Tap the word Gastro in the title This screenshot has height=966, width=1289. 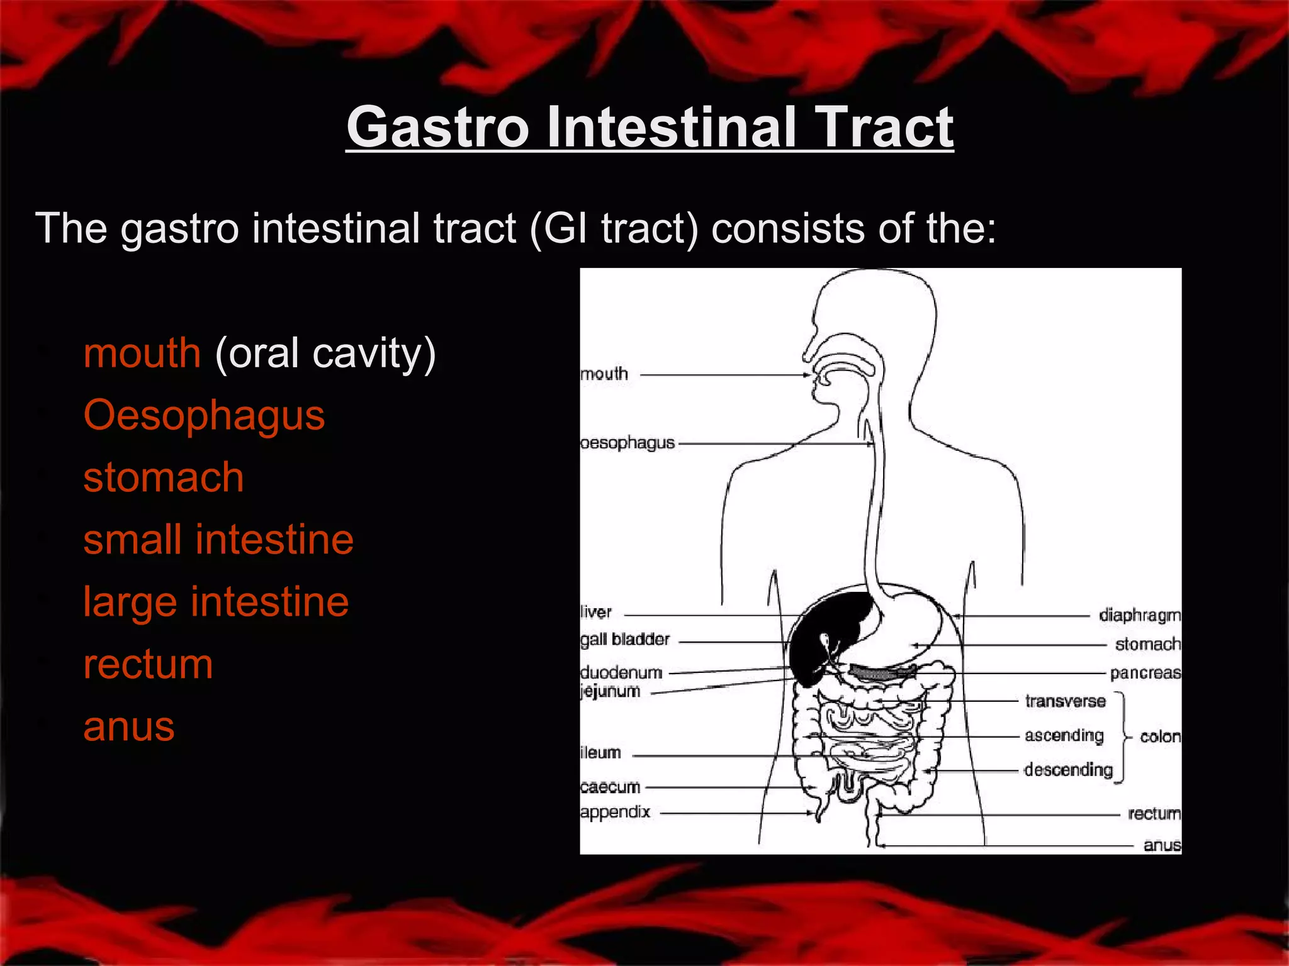[x=437, y=127]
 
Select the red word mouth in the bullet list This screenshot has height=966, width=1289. [x=142, y=353]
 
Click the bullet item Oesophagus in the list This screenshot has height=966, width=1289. [x=204, y=416]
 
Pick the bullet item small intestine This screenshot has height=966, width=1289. [x=218, y=540]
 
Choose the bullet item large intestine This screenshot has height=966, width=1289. [x=216, y=602]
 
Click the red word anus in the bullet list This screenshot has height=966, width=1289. [x=129, y=727]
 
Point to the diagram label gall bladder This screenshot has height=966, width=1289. [x=625, y=640]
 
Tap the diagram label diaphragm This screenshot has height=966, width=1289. [x=1139, y=615]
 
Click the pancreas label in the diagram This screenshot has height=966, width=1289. [x=1145, y=673]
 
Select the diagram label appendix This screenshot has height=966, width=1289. [x=615, y=812]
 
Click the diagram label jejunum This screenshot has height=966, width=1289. [x=610, y=691]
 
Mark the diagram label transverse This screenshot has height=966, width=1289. [x=1065, y=701]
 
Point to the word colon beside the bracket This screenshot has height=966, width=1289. [x=1160, y=736]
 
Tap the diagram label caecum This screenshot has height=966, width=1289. [x=610, y=787]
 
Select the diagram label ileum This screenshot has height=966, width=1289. [x=600, y=753]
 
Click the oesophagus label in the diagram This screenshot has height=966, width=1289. [x=627, y=443]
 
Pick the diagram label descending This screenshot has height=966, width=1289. [x=1068, y=770]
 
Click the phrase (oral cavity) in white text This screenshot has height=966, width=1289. [x=325, y=353]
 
